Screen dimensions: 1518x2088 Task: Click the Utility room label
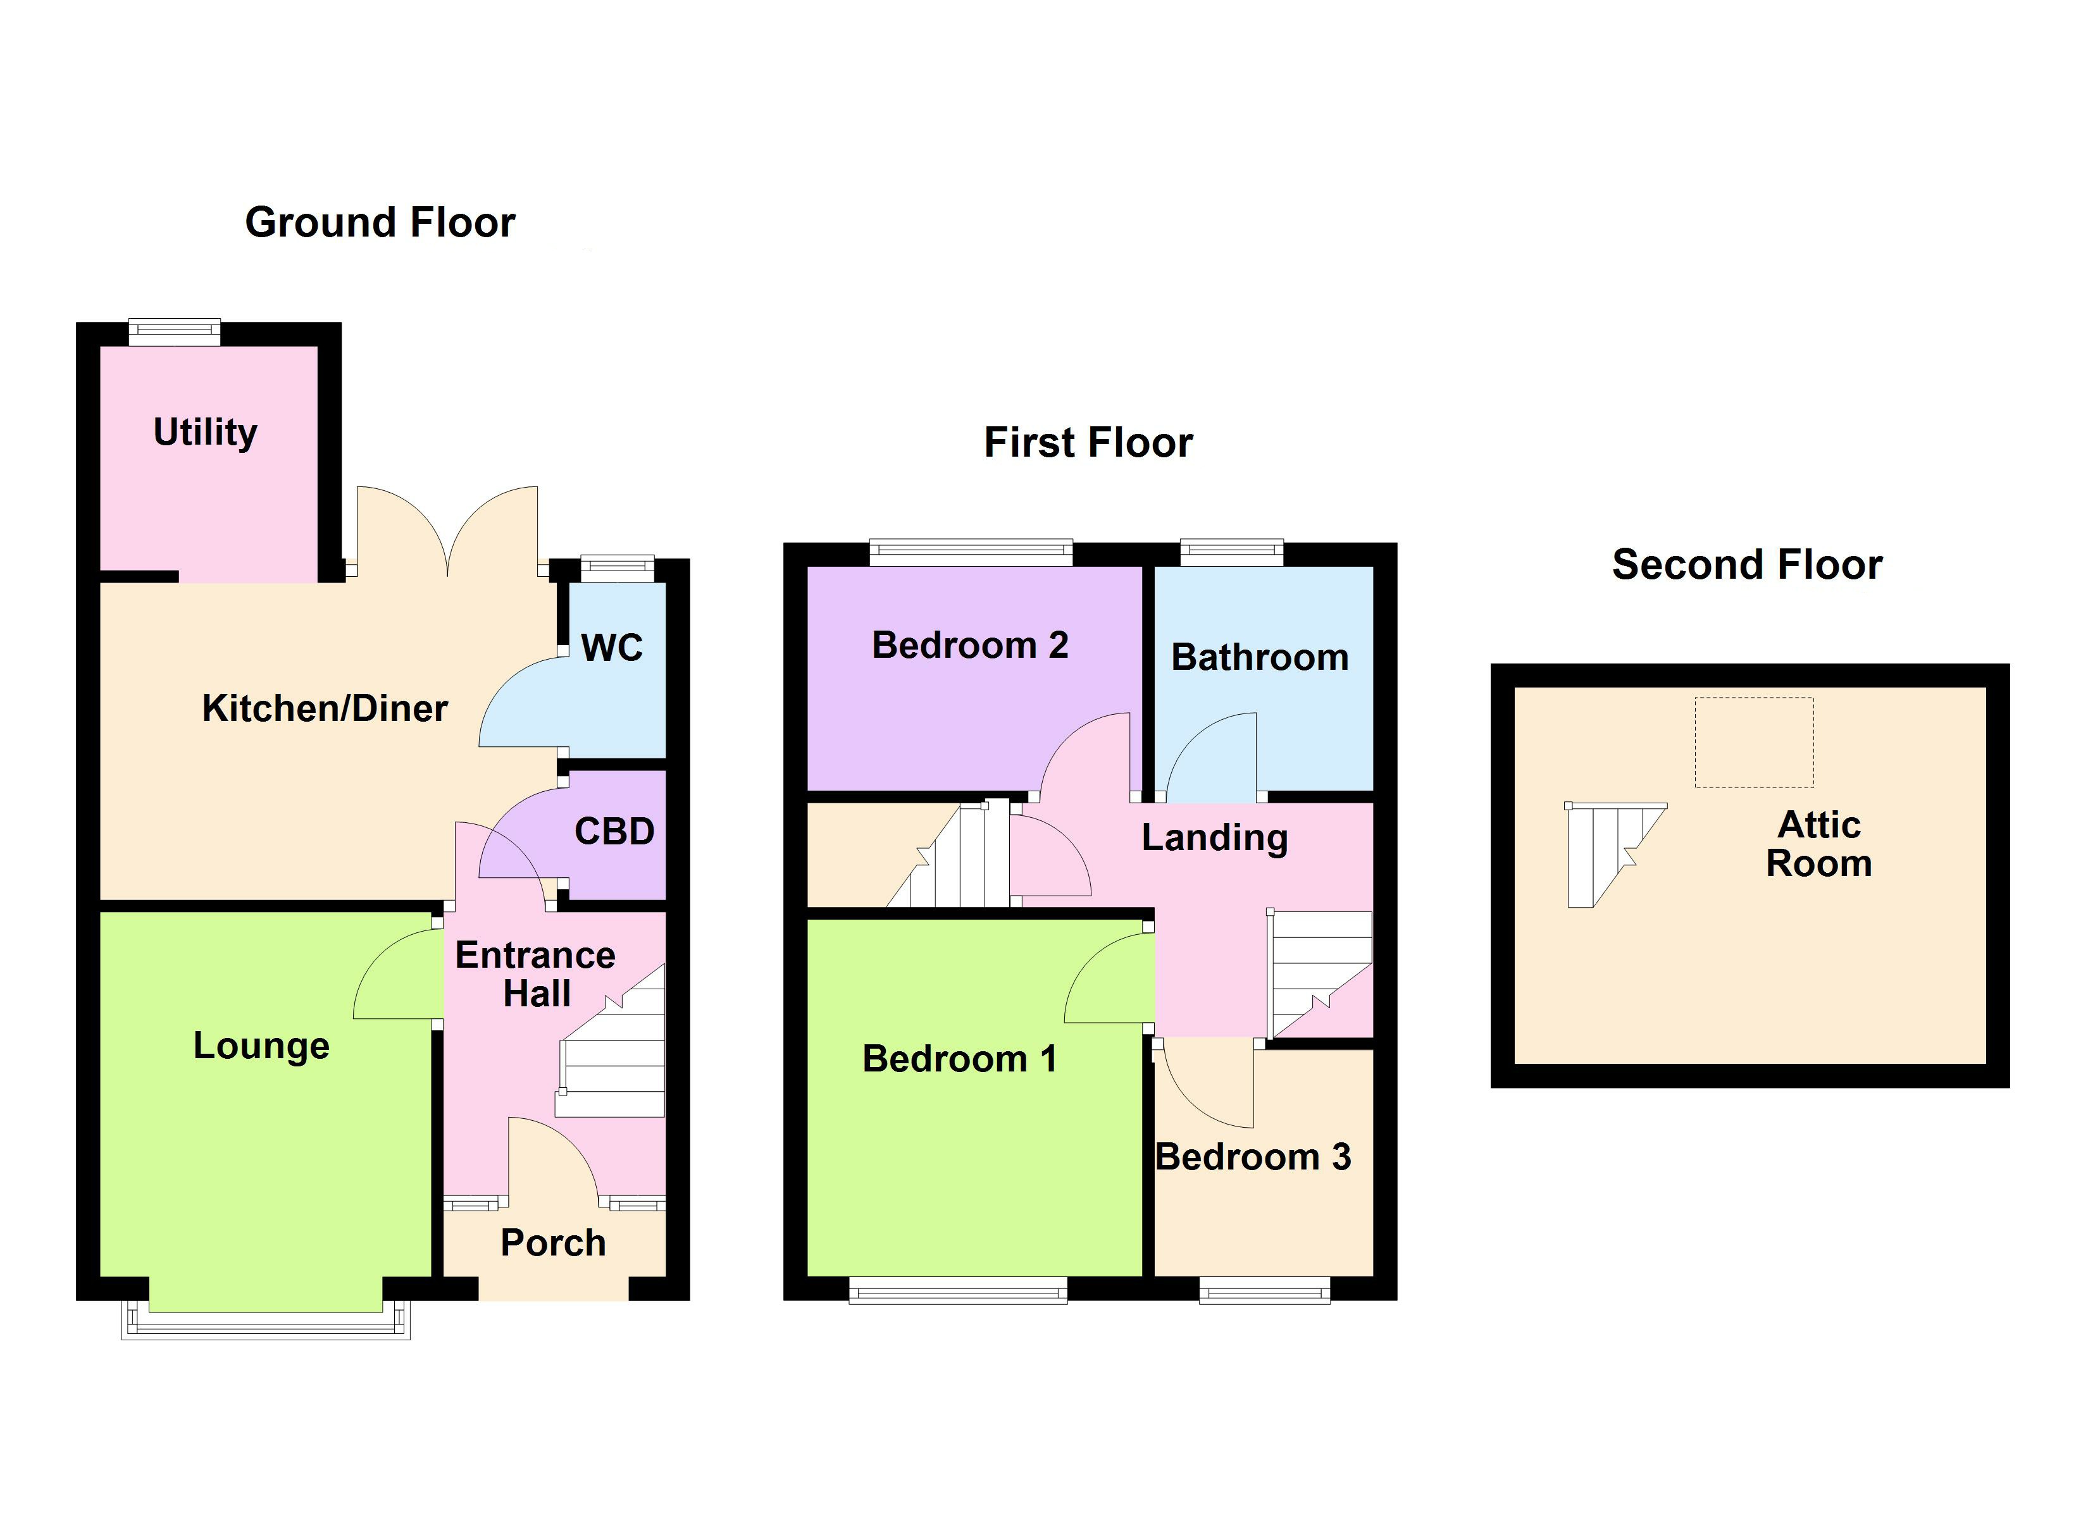pyautogui.click(x=205, y=433)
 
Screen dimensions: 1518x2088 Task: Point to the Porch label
pyautogui.click(x=553, y=1243)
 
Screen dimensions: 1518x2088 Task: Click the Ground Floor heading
pyautogui.click(x=380, y=223)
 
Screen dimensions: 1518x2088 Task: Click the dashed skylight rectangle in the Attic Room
pyautogui.click(x=1754, y=742)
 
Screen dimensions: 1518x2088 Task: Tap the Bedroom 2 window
pyautogui.click(x=971, y=552)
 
